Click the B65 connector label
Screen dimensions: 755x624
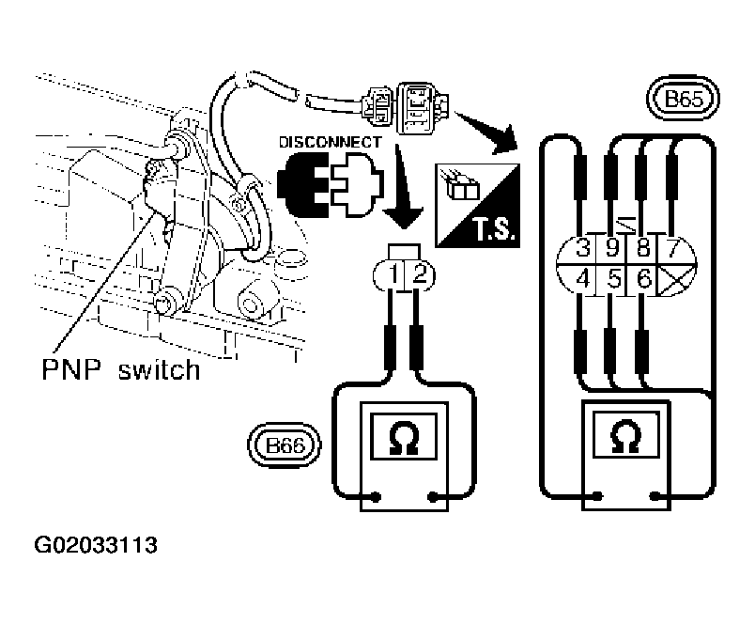click(683, 99)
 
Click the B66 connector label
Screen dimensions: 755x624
click(285, 445)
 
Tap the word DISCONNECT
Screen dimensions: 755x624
click(331, 142)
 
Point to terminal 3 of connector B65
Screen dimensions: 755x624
click(582, 249)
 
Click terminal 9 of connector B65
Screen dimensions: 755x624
click(612, 249)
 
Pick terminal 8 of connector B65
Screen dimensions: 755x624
click(643, 249)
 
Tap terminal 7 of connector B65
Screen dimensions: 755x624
click(672, 249)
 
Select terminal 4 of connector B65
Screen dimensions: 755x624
click(582, 279)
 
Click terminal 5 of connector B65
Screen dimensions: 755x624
click(613, 279)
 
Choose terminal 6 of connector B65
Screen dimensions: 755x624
click(644, 279)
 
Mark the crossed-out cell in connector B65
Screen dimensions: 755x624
click(675, 279)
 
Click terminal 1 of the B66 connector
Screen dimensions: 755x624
click(393, 274)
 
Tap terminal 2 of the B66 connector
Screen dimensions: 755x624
click(420, 274)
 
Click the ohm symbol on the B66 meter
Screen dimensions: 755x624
click(404, 438)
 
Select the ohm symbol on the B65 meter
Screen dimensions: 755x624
click(625, 436)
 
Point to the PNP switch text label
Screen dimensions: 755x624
click(121, 370)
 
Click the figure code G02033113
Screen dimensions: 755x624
click(96, 545)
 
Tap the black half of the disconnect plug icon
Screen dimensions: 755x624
click(302, 184)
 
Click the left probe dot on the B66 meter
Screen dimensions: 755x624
click(376, 497)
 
